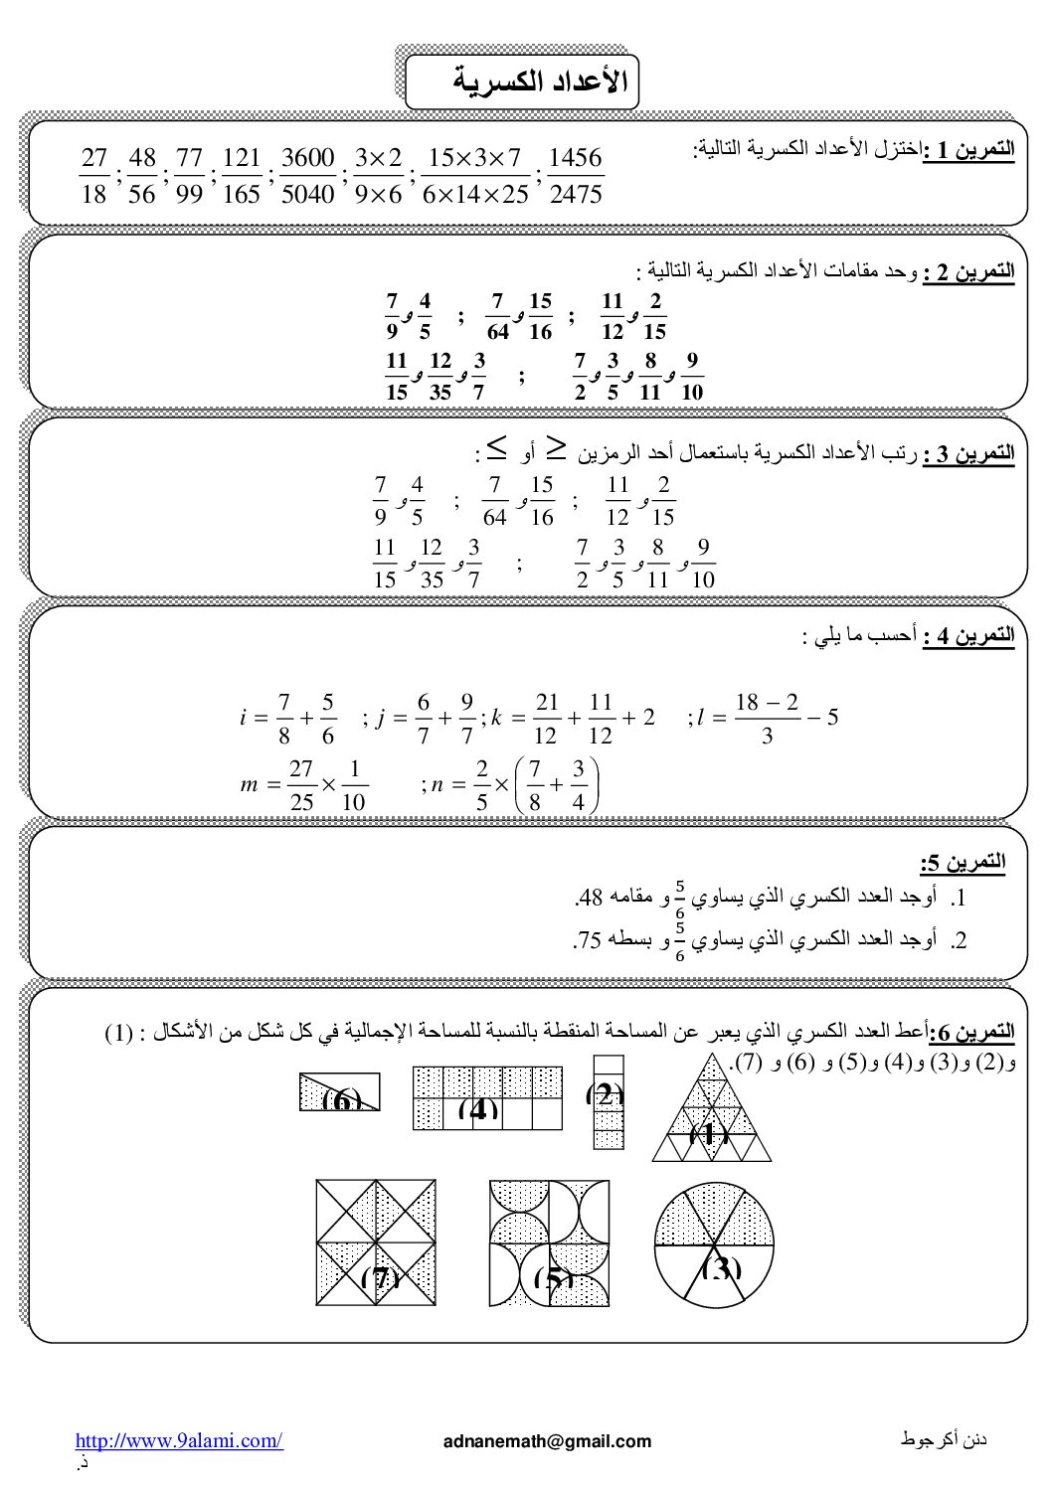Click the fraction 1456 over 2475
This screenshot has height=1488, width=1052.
(575, 176)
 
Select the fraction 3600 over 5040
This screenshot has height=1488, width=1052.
(308, 176)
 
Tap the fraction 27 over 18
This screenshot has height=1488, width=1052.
(93, 176)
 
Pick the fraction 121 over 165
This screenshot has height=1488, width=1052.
(242, 176)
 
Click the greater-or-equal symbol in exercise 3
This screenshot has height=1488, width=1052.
(560, 449)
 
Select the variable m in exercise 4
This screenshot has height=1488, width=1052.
(250, 785)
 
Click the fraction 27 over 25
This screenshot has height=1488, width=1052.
(301, 785)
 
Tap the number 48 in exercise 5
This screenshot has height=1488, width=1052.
(591, 899)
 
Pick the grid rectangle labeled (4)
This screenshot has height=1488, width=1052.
(487, 1098)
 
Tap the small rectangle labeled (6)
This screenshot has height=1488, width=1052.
(340, 1091)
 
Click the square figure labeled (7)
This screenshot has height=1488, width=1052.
(376, 1242)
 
